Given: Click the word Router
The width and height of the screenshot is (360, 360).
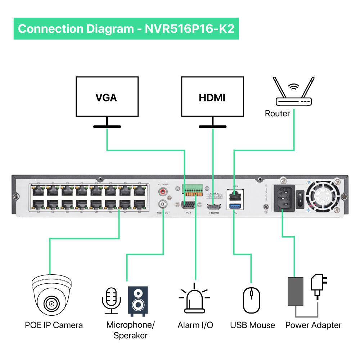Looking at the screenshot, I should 277,114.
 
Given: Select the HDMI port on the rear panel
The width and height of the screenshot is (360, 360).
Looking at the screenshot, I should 213,207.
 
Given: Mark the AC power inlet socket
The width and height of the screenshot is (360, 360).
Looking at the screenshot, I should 285,198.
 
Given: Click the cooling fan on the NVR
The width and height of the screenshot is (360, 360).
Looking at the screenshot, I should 323,197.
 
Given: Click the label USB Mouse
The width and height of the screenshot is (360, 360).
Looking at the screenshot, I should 252,325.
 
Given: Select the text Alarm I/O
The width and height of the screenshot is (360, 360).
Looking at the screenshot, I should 195,325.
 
